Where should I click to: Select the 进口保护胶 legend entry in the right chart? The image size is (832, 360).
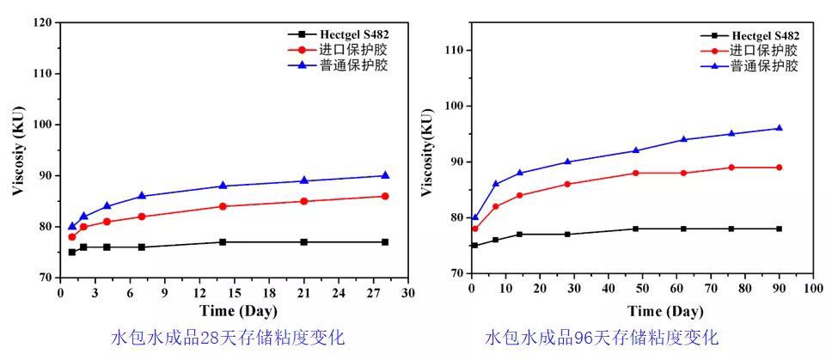765,51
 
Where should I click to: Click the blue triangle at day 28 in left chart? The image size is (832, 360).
385,175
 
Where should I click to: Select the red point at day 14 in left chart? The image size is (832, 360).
223,206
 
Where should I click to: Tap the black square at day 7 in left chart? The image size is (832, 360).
142,247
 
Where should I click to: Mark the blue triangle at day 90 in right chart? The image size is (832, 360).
779,128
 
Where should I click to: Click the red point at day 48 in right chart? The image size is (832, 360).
635,173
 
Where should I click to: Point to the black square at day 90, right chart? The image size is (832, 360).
779,229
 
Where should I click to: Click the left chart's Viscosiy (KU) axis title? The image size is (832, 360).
18,150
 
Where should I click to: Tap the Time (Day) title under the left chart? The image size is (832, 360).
235,310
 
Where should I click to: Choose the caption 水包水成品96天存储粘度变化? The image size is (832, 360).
601,337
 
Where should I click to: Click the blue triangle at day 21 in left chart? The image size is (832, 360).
303,180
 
